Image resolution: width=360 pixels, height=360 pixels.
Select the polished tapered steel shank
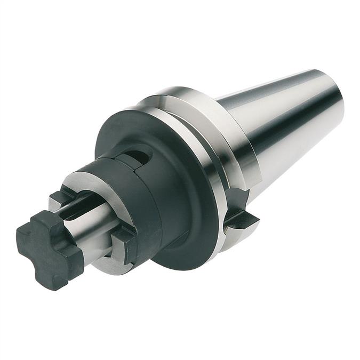288,123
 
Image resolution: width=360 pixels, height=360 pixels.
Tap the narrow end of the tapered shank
333,99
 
